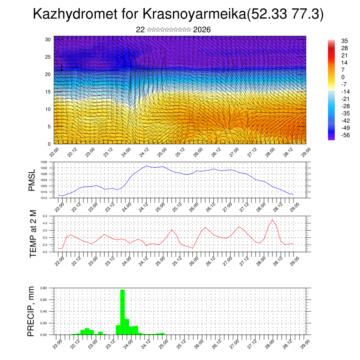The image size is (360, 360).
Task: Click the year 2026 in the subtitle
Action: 202,30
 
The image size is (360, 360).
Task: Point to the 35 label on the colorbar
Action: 345,41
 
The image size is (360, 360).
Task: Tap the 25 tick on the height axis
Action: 48,57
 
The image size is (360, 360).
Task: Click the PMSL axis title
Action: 32,180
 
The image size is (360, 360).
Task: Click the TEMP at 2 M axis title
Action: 33,234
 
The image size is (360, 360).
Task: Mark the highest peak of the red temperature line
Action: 272,220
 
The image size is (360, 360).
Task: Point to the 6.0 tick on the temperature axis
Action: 45,216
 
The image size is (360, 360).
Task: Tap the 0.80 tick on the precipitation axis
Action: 44,288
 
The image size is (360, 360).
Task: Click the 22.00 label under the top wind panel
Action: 54,152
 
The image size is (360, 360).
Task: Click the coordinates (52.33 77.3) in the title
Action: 285,15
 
